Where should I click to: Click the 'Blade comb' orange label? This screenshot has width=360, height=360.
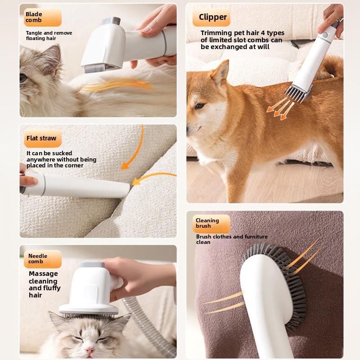pyautogui.click(x=43, y=17)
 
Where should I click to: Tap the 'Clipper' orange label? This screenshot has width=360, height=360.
pyautogui.click(x=211, y=18)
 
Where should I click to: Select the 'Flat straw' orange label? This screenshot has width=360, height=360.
pyautogui.click(x=43, y=138)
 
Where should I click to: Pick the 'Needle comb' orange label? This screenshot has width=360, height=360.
pyautogui.click(x=43, y=259)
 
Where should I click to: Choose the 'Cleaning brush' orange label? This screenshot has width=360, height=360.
pyautogui.click(x=211, y=224)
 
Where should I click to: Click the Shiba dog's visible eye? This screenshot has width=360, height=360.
pyautogui.click(x=199, y=106)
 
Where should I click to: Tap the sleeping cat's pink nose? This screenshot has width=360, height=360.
pyautogui.click(x=89, y=351)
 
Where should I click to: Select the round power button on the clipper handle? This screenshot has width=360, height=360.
pyautogui.click(x=324, y=36)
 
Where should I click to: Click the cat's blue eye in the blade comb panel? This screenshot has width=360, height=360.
pyautogui.click(x=23, y=78)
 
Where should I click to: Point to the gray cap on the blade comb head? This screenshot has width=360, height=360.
pyautogui.click(x=111, y=21)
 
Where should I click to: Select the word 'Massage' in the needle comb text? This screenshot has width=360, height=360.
pyautogui.click(x=43, y=274)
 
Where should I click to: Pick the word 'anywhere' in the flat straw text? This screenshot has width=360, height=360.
pyautogui.click(x=40, y=160)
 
